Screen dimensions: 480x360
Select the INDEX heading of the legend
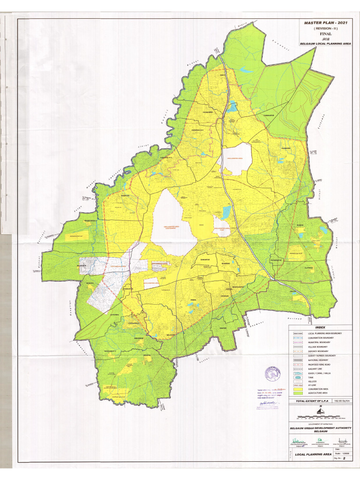320,328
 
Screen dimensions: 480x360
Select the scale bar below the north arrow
319,417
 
